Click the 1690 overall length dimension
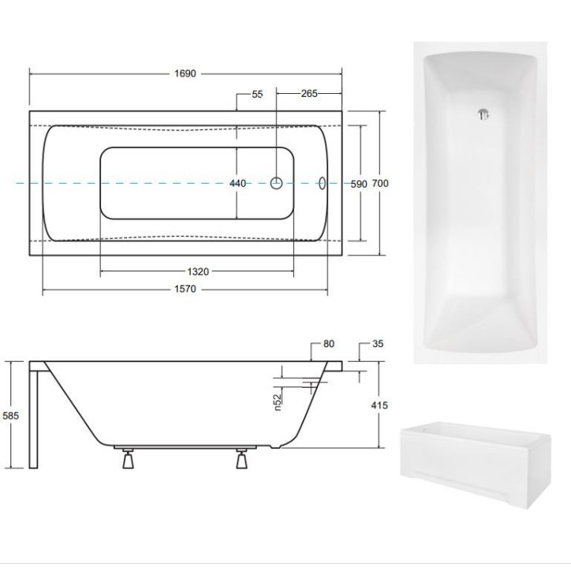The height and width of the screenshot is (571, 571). pyautogui.click(x=185, y=73)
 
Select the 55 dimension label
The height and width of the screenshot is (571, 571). pyautogui.click(x=257, y=94)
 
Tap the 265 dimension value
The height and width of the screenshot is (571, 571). pyautogui.click(x=308, y=94)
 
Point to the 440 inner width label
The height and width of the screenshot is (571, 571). pyautogui.click(x=237, y=184)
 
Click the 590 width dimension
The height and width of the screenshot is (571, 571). pyautogui.click(x=359, y=184)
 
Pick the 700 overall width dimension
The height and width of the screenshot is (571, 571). pyautogui.click(x=381, y=184)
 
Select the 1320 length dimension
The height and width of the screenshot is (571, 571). pyautogui.click(x=198, y=271)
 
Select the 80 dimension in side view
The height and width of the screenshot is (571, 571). pyautogui.click(x=329, y=344)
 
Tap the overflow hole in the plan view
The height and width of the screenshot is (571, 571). pyautogui.click(x=323, y=184)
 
